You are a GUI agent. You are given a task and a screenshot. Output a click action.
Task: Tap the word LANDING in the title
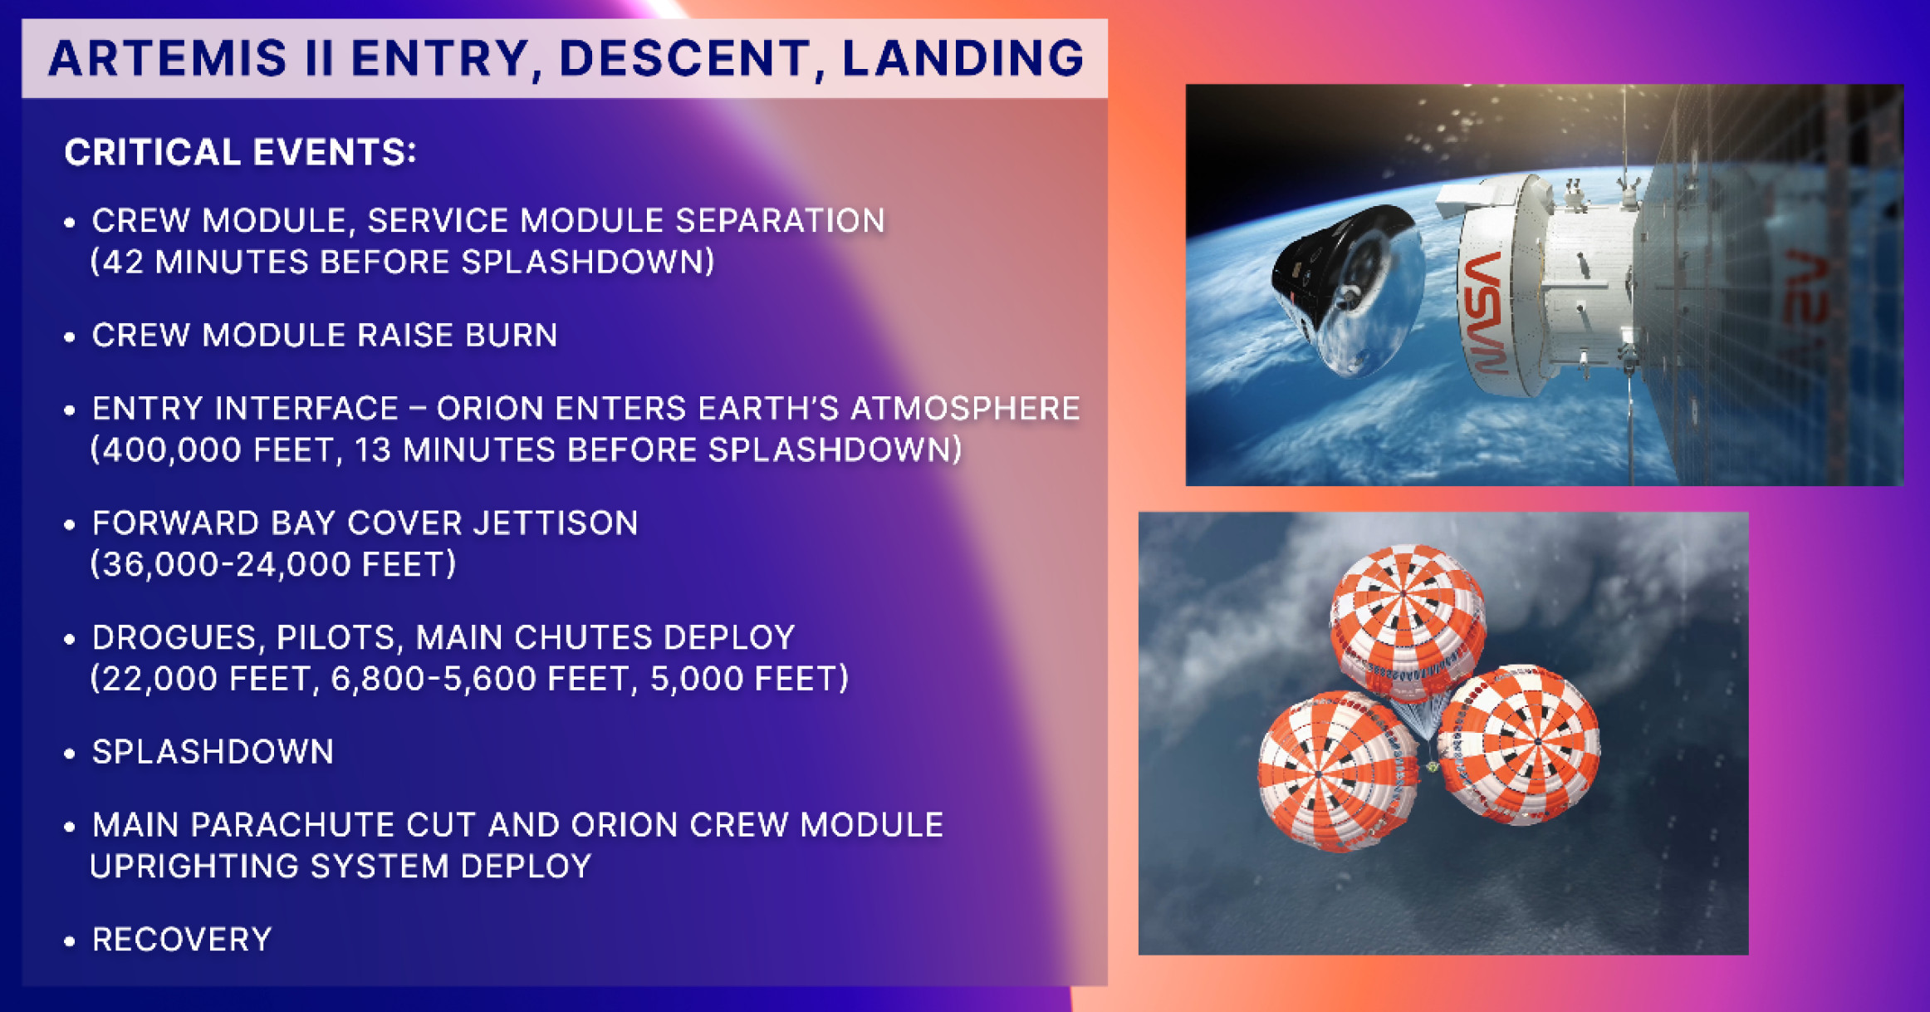(x=963, y=58)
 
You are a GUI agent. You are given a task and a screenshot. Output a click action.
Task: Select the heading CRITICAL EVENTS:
(x=241, y=152)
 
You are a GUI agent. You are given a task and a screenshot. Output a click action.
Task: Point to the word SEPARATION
(x=780, y=220)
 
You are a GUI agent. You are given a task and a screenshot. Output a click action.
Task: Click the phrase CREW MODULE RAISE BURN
(x=325, y=335)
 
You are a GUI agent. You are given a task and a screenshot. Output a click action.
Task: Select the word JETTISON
(x=556, y=523)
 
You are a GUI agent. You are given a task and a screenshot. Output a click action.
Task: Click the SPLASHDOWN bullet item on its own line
(x=213, y=752)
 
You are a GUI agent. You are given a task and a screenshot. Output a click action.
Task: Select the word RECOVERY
(x=182, y=940)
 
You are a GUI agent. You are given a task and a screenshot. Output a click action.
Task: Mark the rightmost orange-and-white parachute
(x=1520, y=744)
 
